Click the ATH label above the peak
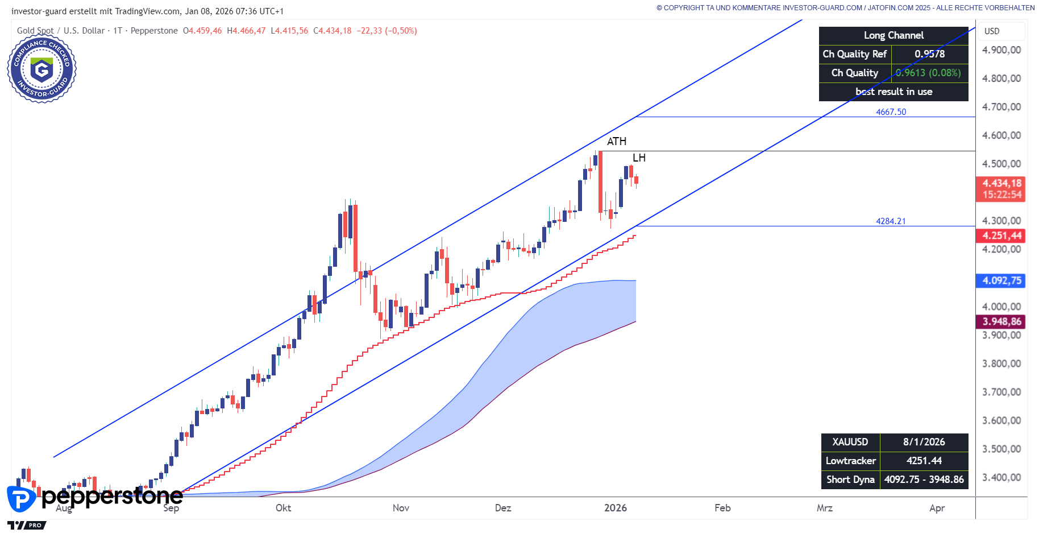616,142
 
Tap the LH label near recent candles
639,158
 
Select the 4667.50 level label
891,112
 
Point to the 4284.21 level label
891,221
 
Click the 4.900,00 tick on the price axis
1001,50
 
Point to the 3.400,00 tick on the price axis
1001,477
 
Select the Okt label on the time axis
283,508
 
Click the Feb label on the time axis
722,508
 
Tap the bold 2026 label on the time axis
616,508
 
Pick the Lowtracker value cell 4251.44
924,461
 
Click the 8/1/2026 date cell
924,442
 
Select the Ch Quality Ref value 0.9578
929,54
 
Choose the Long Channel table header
893,35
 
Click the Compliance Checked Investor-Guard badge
42,69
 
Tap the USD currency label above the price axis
992,31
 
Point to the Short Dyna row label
850,480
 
